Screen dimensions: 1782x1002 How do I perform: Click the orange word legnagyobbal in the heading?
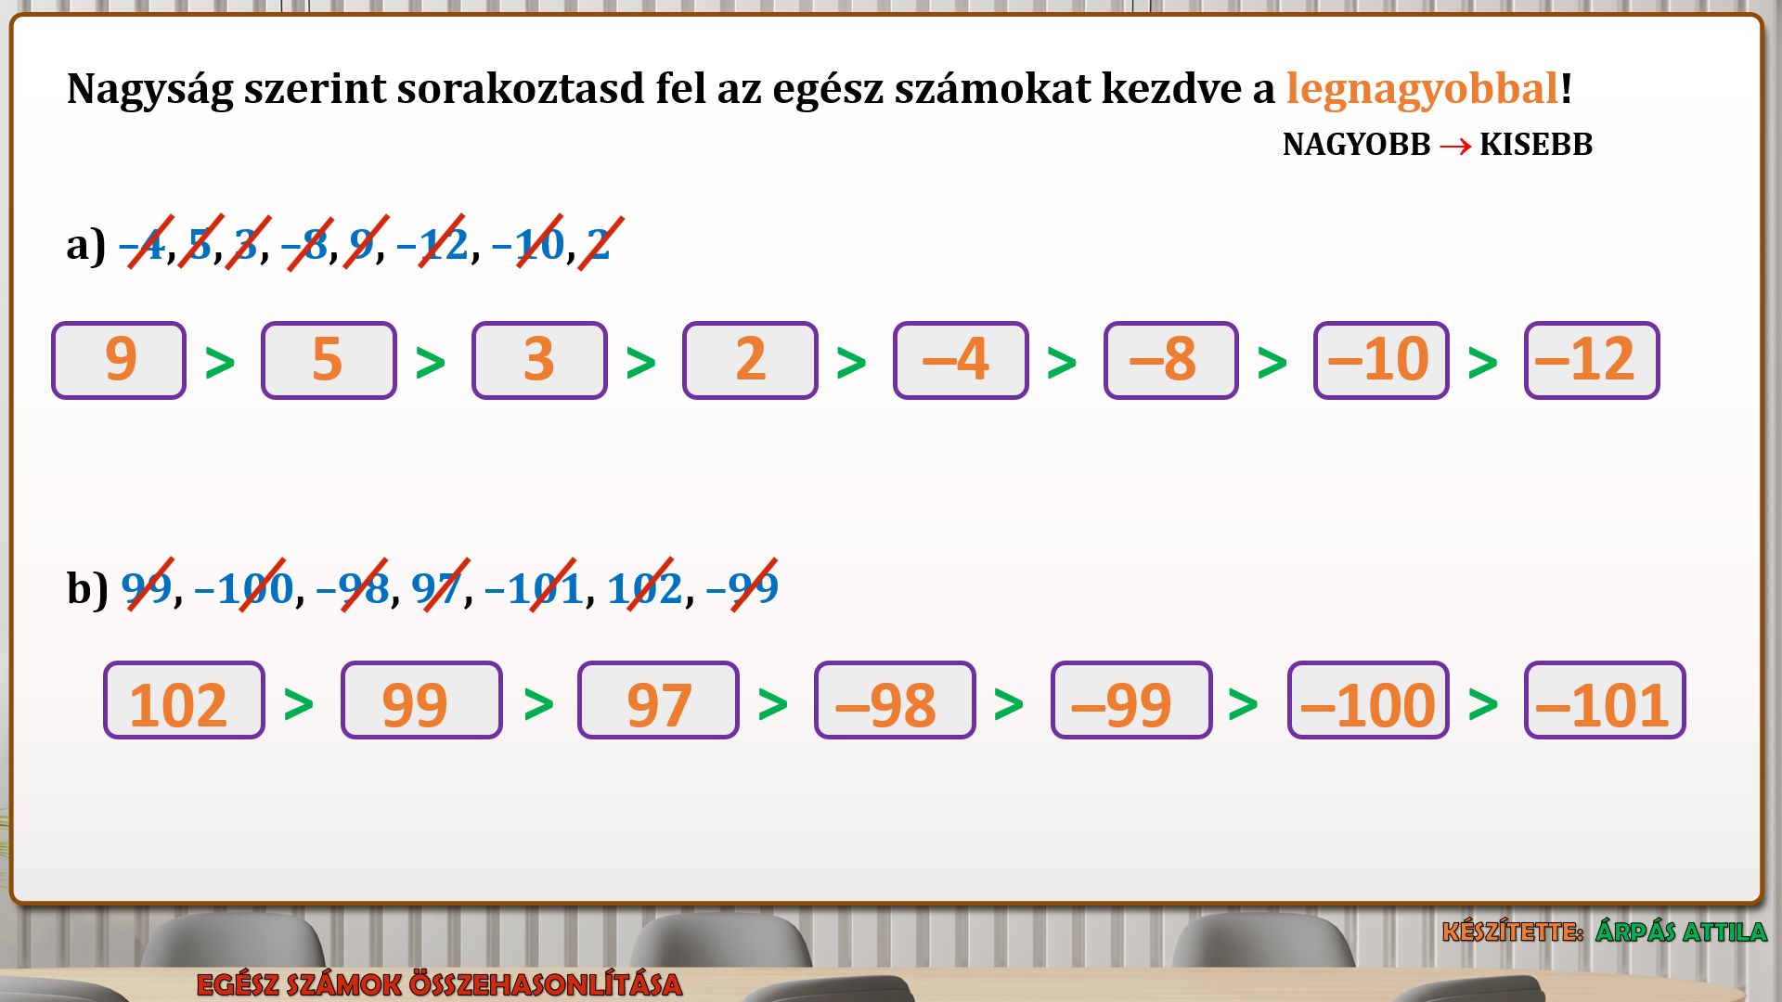[1422, 90]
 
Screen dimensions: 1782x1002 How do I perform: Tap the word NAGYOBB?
[1356, 145]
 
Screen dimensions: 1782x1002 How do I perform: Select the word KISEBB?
[1535, 145]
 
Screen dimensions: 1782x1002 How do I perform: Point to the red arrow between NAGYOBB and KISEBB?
[1454, 147]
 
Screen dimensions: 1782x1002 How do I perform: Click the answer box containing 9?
[119, 361]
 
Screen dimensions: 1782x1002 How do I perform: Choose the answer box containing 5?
[329, 361]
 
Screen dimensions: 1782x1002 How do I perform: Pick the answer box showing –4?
[961, 361]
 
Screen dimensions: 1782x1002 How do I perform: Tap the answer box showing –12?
[1592, 361]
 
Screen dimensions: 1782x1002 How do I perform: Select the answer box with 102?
[184, 700]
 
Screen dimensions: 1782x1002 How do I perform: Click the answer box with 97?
[658, 700]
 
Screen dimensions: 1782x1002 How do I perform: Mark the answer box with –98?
[895, 700]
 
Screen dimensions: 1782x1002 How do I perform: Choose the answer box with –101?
[1605, 700]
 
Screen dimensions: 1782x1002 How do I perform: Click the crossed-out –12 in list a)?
[433, 244]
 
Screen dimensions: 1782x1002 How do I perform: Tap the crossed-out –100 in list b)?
[244, 587]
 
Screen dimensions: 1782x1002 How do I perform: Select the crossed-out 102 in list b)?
[645, 587]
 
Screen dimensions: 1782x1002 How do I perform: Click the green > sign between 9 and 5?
[220, 363]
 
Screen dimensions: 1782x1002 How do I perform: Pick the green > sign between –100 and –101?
[1483, 704]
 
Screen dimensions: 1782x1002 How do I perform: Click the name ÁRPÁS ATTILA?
[1681, 931]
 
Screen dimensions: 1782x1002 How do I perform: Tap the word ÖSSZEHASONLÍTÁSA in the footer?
[545, 985]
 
